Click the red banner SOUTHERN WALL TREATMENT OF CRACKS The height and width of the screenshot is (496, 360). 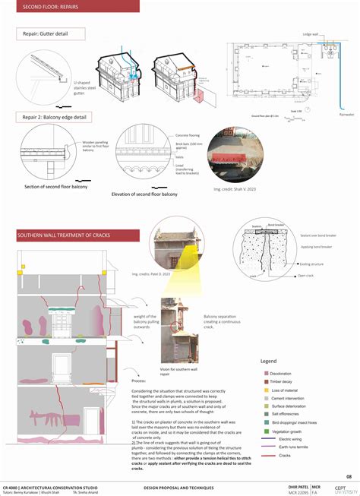[x=64, y=236]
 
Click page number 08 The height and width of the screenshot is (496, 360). [x=348, y=475]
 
